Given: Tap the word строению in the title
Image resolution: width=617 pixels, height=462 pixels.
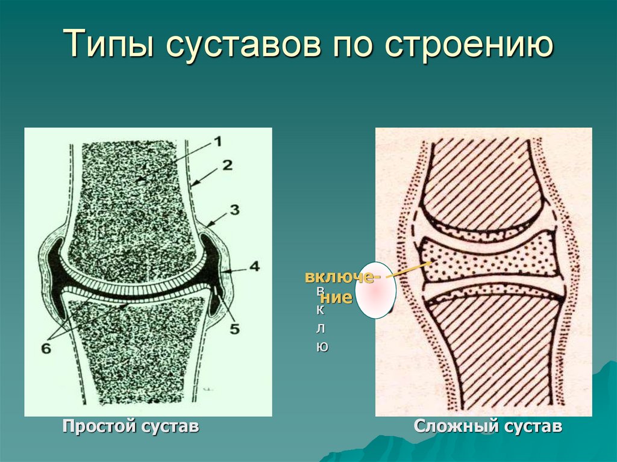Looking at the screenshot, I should [x=469, y=46].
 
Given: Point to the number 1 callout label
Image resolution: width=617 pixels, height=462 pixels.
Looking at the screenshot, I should [x=216, y=142].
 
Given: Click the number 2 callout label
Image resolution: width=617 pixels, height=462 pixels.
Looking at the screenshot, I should [x=227, y=164].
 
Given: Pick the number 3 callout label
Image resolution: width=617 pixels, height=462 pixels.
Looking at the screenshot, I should [x=235, y=210].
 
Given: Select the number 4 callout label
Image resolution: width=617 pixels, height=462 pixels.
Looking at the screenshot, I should [x=255, y=266].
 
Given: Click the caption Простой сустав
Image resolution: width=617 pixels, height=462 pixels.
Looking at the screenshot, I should [x=131, y=427].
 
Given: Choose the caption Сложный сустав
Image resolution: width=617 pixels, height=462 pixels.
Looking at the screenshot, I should [x=488, y=427].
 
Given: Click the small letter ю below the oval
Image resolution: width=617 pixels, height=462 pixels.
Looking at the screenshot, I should [x=323, y=347].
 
